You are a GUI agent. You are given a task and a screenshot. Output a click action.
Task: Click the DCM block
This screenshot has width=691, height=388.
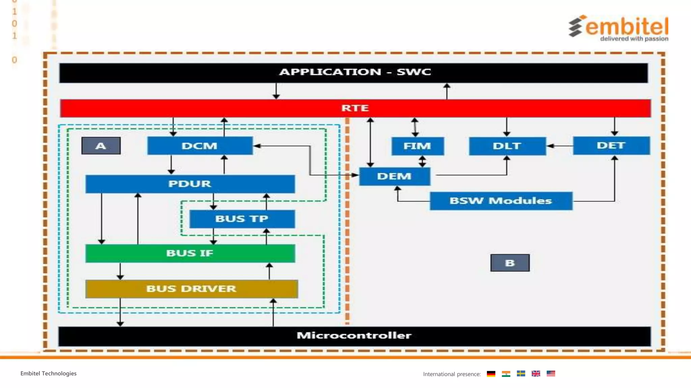coord(200,146)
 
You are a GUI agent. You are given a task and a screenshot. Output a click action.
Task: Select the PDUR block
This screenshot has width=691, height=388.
coord(190,184)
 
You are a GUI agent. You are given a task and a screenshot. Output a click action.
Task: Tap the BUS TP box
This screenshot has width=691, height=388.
coord(242,219)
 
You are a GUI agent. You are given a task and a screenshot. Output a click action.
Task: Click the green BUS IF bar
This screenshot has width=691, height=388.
coord(190,253)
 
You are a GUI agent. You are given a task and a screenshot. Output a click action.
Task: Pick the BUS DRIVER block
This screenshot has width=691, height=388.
coord(191,289)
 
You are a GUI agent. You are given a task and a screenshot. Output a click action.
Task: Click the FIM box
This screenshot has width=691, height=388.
coord(417,146)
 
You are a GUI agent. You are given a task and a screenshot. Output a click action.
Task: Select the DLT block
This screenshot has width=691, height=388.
coord(507,146)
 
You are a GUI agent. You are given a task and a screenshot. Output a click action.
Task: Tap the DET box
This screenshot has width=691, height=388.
coord(611,145)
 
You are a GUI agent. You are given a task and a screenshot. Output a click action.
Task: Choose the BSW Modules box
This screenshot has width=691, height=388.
coord(501,201)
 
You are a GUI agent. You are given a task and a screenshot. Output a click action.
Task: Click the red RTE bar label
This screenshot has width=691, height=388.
coord(355,108)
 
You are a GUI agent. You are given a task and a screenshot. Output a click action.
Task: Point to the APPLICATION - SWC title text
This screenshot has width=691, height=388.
coord(355,72)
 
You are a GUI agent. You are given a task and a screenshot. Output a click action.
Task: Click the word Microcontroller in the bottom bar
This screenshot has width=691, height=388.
coord(354,335)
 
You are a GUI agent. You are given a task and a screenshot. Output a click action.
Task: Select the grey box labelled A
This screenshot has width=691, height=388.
coord(101,146)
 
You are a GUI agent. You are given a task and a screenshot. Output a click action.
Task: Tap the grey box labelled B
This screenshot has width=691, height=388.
coord(510,263)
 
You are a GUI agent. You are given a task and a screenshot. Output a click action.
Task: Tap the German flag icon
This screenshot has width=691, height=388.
coord(491,374)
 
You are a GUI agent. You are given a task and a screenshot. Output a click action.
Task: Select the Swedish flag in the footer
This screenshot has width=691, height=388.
coord(521,374)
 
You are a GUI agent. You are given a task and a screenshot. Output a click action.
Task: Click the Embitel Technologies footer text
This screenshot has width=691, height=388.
coord(48,374)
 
